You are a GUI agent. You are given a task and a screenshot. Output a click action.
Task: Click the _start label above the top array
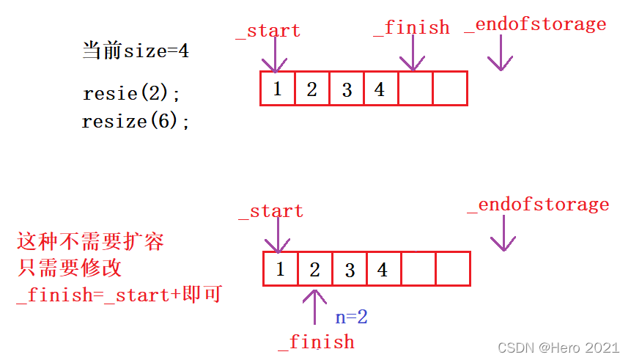coord(268,31)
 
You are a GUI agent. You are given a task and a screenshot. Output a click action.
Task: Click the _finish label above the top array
coord(412,28)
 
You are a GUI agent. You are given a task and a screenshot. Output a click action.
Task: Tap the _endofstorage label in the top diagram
coord(536,25)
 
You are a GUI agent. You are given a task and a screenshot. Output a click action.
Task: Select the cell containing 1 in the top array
coord(277,89)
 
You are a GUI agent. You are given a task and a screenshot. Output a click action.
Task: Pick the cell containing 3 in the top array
coord(347,89)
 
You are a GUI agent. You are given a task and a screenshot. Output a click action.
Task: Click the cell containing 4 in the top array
coord(380,89)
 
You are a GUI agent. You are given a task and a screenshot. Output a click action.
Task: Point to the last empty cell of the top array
coord(450,89)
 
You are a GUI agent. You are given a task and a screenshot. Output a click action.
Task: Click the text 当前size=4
coord(136,51)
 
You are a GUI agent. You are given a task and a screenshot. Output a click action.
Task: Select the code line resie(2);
coord(131,94)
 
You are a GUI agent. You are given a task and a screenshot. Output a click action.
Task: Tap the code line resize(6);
coord(136,121)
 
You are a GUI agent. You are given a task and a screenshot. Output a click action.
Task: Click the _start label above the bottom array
coord(270,211)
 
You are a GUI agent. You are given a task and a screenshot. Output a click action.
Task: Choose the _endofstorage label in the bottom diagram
coord(539,205)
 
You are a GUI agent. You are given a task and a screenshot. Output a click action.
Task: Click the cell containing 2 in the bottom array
coord(314,269)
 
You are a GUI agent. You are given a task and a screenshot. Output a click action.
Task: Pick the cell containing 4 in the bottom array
coord(383,269)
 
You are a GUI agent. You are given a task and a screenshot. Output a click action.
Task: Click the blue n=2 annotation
coord(352,317)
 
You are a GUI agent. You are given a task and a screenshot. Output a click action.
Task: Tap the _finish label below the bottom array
coord(316,342)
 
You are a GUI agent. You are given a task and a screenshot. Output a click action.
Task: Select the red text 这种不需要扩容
coord(90,241)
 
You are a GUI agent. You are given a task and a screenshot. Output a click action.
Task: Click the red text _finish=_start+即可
coord(119,295)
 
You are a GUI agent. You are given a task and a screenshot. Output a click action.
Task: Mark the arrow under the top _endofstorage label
coord(501,53)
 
